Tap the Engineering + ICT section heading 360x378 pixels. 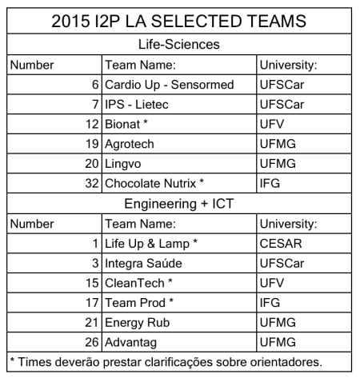point(180,204)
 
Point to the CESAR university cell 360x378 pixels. point(282,243)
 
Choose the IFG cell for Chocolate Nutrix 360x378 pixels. point(273,184)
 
